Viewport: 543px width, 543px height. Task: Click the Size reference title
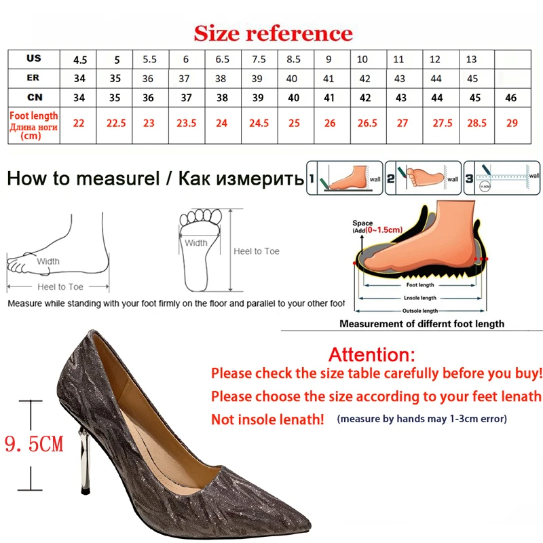[x=273, y=33]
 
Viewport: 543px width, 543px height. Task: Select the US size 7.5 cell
[x=258, y=59]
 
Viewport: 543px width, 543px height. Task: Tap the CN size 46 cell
[x=511, y=98]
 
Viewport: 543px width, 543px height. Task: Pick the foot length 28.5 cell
[x=476, y=124]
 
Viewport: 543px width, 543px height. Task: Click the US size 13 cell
[x=471, y=59]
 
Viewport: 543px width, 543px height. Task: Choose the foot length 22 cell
[x=79, y=124]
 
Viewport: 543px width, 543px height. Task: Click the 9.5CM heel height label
[x=33, y=445]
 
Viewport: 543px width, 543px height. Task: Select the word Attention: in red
[x=371, y=354]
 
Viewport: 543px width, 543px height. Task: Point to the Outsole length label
[x=417, y=311]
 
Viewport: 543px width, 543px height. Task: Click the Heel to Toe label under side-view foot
[x=61, y=287]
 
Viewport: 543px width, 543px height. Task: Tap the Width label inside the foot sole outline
[x=196, y=242]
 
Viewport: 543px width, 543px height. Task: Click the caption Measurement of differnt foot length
[x=422, y=324]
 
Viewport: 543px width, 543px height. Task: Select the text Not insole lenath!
[x=267, y=419]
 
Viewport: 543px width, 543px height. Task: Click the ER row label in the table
[x=33, y=78]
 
